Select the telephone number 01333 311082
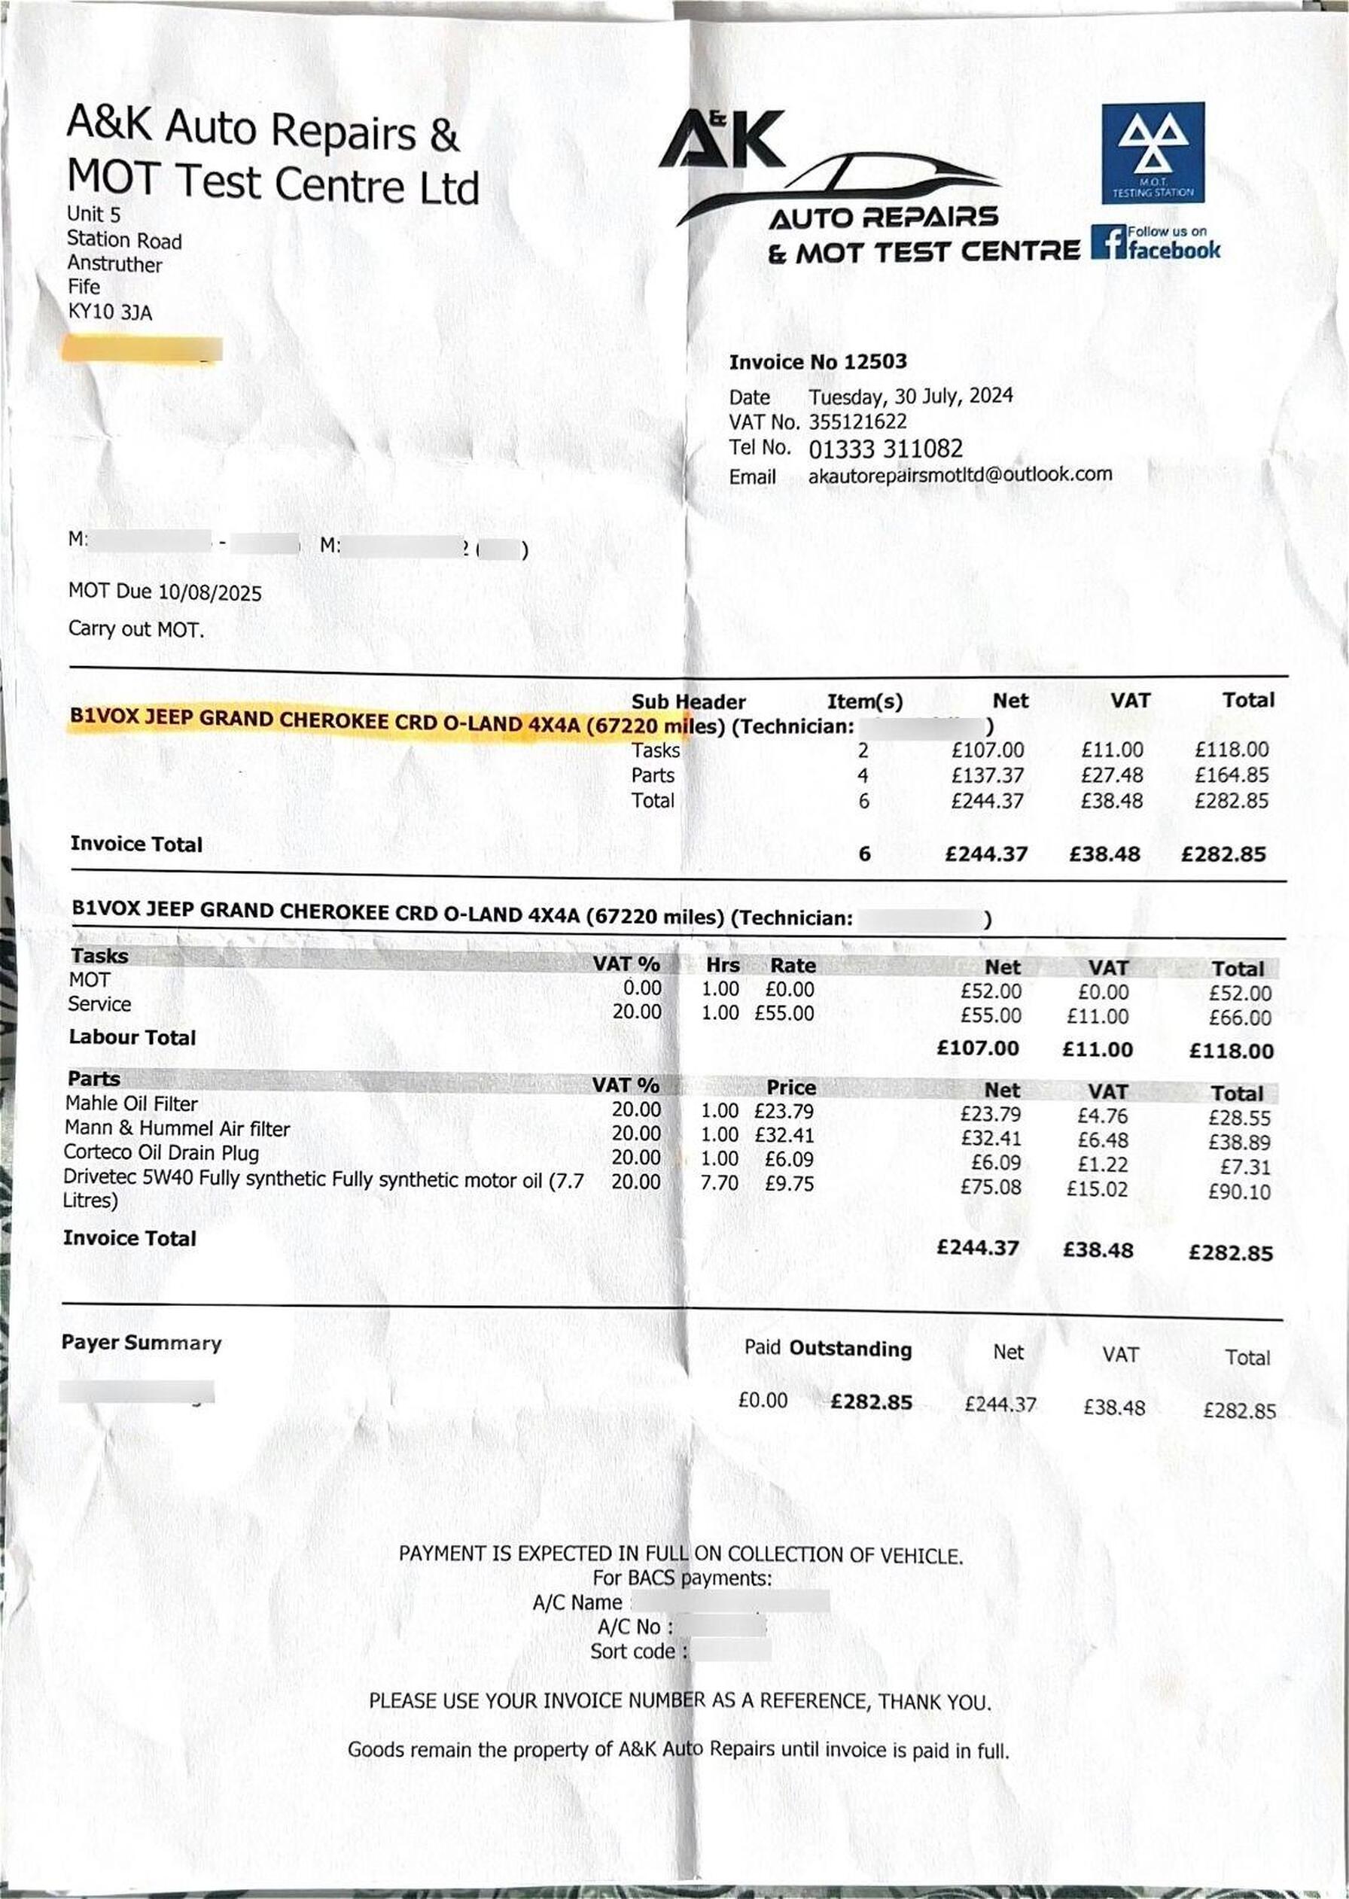[885, 449]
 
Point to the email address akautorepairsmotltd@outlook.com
[959, 474]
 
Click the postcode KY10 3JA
[110, 312]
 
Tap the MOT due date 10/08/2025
[209, 593]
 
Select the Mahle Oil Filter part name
[131, 1103]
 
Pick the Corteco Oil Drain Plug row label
[161, 1152]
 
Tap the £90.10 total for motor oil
[1239, 1191]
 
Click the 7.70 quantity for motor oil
[720, 1182]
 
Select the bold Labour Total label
[132, 1037]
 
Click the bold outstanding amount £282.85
[872, 1402]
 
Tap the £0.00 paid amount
[763, 1400]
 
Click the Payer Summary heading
[142, 1344]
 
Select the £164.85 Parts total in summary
[1231, 775]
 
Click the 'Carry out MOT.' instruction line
[136, 628]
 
